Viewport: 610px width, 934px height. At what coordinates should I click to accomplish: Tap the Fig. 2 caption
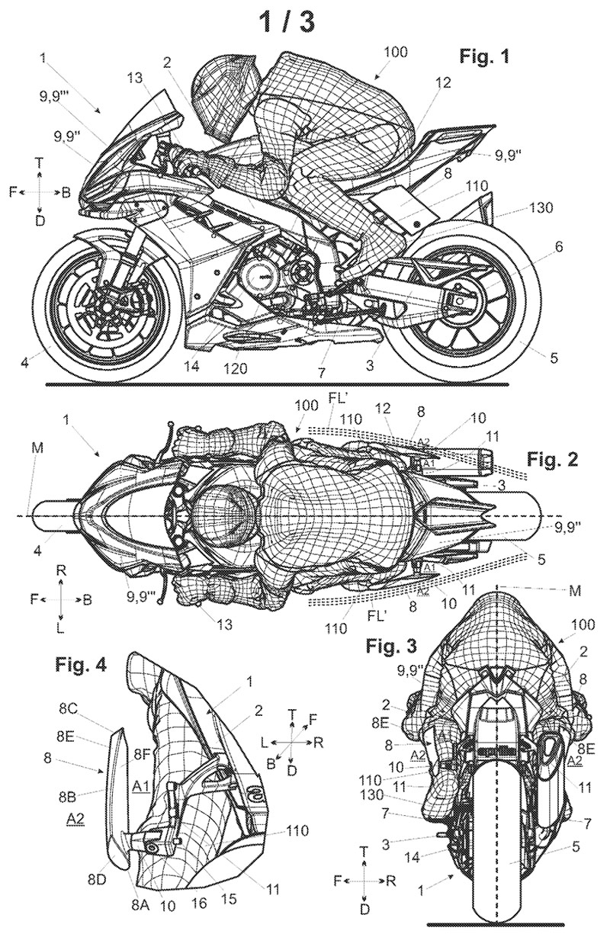(552, 460)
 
